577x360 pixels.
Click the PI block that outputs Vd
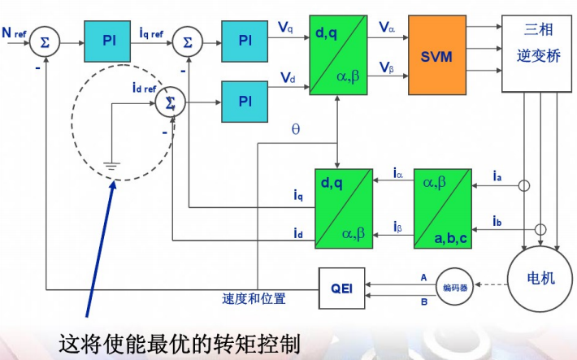click(x=245, y=101)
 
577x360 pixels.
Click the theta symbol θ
click(x=295, y=128)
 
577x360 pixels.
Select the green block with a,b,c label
click(x=442, y=207)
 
